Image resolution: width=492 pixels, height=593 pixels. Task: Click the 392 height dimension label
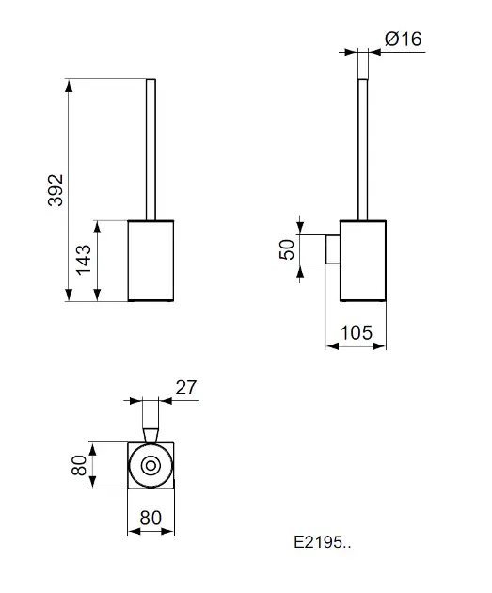[56, 190]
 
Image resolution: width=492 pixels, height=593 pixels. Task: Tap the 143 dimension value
[84, 260]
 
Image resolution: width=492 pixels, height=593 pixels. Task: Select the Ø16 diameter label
[404, 39]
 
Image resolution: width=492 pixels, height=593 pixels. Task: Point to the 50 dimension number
[287, 249]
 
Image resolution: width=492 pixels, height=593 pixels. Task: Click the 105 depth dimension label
[357, 333]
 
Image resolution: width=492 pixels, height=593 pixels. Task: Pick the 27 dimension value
[186, 388]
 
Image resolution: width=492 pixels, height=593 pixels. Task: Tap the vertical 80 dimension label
[79, 465]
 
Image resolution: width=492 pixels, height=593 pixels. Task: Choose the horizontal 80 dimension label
[151, 518]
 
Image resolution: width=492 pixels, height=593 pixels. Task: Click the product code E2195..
[323, 542]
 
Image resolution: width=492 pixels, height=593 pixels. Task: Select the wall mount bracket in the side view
[333, 249]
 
